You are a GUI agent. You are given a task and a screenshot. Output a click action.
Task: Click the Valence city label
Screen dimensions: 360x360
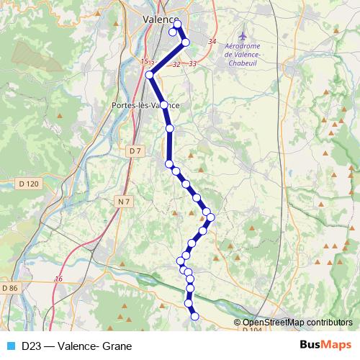161,19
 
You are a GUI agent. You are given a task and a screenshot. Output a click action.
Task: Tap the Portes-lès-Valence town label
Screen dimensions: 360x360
145,105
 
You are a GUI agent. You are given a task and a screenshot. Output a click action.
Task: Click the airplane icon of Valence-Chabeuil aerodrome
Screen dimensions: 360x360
243,35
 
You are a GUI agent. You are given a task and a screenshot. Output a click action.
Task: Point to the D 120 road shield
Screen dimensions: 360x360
29,184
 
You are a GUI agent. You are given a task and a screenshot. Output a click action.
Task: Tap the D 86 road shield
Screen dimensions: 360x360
10,288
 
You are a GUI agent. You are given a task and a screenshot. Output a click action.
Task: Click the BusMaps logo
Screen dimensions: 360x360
325,346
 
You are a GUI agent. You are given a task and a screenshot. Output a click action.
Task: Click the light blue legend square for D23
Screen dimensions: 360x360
11,346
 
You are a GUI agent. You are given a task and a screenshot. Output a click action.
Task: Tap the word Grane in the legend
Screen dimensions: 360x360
108,346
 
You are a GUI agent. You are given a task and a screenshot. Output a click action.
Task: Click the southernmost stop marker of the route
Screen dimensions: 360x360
194,315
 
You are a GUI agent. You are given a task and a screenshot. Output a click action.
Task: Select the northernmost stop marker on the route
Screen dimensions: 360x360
177,24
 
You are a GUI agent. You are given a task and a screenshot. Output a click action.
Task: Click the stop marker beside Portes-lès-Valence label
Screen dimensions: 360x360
164,105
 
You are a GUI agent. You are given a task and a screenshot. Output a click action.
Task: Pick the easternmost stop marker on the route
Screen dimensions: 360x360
211,217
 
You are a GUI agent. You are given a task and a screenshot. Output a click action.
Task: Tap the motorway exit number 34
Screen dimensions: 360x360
212,42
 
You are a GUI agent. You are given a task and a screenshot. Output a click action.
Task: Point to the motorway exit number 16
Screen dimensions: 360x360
59,279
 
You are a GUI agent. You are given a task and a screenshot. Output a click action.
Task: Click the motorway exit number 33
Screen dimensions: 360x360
192,64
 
